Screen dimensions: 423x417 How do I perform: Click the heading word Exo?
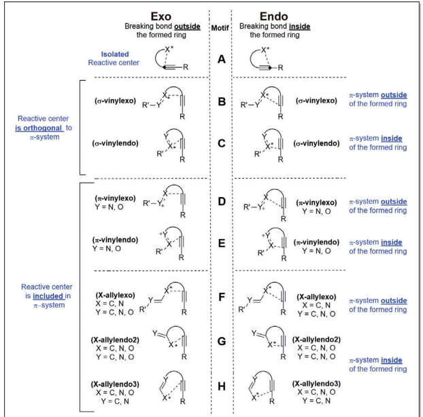(x=160, y=16)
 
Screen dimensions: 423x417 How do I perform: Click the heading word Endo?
(x=273, y=16)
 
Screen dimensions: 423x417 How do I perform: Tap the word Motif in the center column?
(x=220, y=28)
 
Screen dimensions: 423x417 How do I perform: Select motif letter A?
(x=222, y=59)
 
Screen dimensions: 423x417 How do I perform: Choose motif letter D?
(x=222, y=202)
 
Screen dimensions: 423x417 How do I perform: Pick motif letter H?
(x=222, y=386)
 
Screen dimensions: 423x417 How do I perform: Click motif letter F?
(x=222, y=297)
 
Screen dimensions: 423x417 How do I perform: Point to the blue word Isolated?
(x=115, y=54)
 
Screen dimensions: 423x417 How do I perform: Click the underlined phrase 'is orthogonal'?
(x=39, y=128)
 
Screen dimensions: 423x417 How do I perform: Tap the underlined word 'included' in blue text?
(x=48, y=296)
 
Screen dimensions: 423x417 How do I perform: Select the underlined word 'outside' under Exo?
(x=187, y=26)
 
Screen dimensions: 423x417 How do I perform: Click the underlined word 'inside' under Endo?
(x=299, y=26)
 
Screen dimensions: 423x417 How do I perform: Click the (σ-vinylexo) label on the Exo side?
(x=115, y=101)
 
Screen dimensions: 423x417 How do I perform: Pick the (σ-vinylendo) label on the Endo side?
(x=316, y=143)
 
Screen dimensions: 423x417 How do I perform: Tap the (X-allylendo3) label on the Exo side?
(x=115, y=384)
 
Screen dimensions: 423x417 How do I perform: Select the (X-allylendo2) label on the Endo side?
(x=316, y=340)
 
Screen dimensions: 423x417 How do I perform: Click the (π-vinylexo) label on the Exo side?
(x=115, y=198)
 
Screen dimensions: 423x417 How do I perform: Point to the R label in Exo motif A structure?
(x=186, y=67)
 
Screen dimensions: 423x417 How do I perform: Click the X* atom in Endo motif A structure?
(x=265, y=50)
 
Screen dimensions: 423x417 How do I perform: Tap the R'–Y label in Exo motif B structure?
(x=152, y=105)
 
